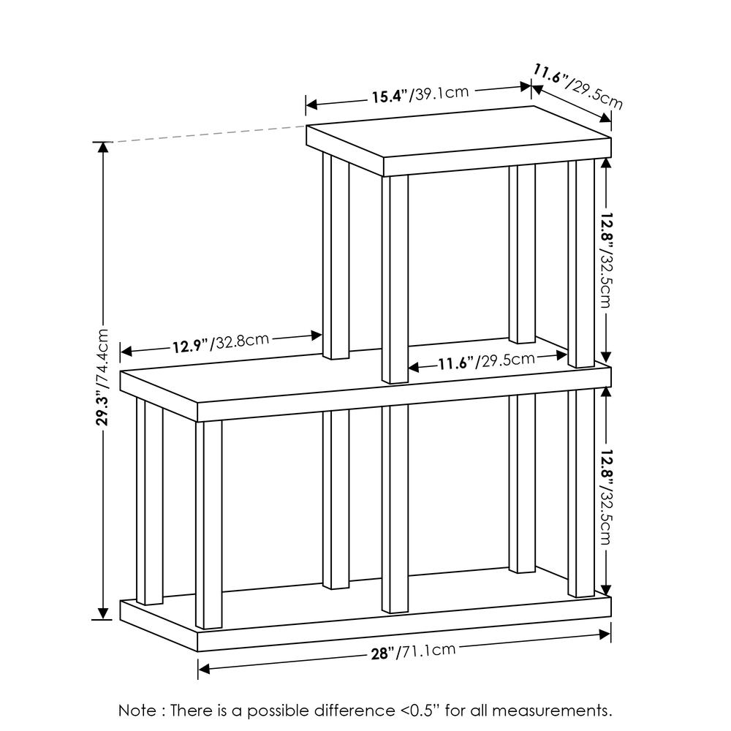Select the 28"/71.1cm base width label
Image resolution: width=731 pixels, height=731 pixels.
click(414, 651)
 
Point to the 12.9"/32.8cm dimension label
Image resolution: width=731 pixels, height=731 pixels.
click(221, 342)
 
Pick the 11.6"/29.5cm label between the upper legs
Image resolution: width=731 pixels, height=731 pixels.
click(487, 361)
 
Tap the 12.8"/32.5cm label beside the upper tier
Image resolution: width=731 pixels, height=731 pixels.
click(605, 260)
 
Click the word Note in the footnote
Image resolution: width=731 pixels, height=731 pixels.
click(137, 710)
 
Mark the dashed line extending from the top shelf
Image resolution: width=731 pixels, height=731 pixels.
click(205, 133)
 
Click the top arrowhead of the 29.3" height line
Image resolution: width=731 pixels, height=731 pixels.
click(104, 147)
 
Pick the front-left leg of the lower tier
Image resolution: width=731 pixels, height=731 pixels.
click(208, 523)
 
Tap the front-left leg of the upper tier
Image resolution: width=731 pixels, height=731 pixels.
click(395, 278)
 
